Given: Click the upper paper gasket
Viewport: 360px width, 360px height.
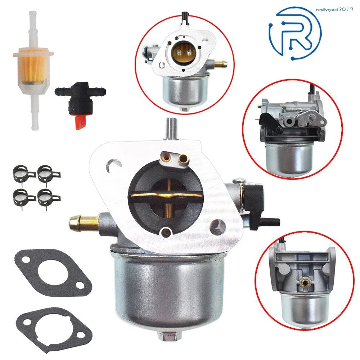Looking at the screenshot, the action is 53,272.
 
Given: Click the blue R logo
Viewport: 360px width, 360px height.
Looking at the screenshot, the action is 296,33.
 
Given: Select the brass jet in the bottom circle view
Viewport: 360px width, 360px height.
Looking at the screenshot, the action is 305,284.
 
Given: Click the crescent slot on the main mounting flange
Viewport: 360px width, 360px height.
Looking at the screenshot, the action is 113,164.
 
